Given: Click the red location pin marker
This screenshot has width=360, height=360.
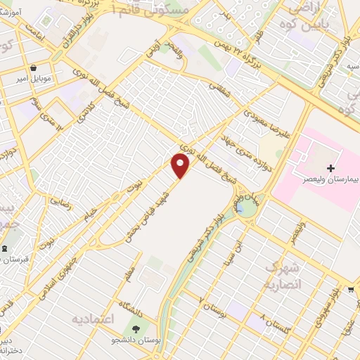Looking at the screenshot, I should click(x=181, y=166).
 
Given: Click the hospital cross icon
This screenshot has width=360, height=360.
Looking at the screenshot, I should click(x=331, y=168).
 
